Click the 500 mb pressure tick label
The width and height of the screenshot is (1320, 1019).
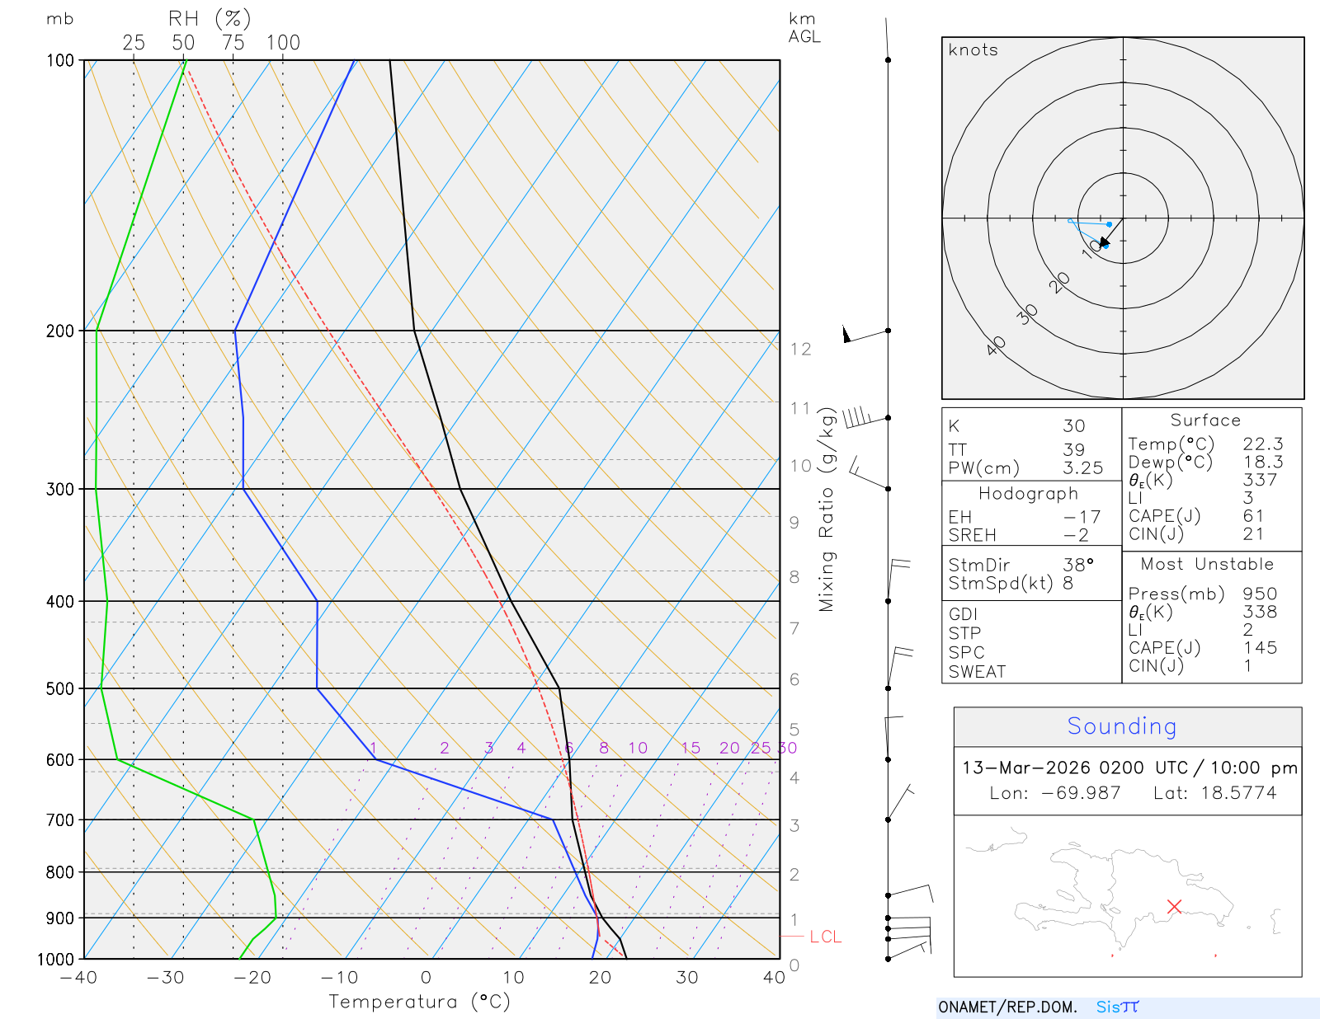(x=60, y=688)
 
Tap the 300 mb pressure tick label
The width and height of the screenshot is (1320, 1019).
(x=60, y=489)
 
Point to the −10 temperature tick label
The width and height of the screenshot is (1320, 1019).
(x=339, y=978)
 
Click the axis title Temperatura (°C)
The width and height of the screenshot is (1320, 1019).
(x=419, y=1002)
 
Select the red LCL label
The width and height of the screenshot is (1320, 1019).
(x=825, y=937)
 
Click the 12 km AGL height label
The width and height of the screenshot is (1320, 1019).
(x=800, y=349)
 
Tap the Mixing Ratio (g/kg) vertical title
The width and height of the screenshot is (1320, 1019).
(x=827, y=509)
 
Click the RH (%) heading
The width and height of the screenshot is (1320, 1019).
(x=210, y=18)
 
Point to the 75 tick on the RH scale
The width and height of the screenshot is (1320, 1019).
(x=233, y=43)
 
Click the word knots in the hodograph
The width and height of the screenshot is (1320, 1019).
(x=973, y=50)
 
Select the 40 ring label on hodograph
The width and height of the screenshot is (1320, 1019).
(x=997, y=345)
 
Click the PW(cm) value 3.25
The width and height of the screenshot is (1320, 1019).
(x=1082, y=468)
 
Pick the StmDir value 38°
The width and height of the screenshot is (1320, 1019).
(x=1078, y=565)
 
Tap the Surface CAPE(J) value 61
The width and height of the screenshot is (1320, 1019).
(x=1253, y=516)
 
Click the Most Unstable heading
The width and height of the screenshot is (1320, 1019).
(x=1207, y=565)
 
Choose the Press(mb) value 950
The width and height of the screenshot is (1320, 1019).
(x=1260, y=594)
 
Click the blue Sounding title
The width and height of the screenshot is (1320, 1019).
(x=1122, y=726)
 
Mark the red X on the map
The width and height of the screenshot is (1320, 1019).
(x=1175, y=906)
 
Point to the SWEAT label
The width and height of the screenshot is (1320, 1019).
(x=977, y=672)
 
